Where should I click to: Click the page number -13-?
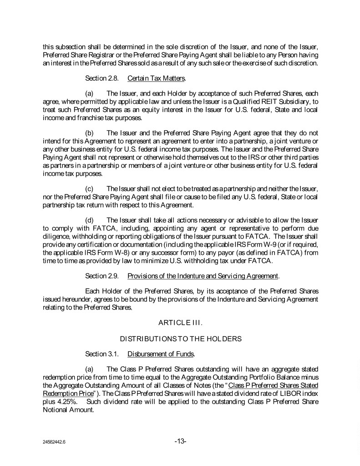click(180, 441)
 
